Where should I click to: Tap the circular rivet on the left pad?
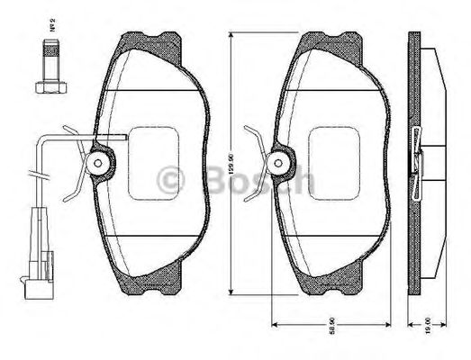[x=100, y=163]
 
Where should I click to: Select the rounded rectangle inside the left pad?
[x=154, y=162]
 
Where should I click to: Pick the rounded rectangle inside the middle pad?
[x=335, y=162]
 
